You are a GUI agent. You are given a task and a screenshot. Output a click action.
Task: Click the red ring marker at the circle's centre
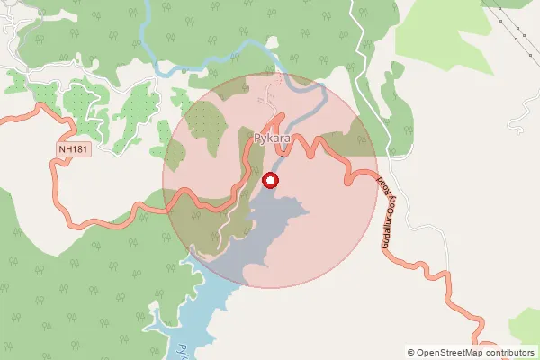coord(270,182)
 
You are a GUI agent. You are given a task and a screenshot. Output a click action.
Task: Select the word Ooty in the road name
coord(383,198)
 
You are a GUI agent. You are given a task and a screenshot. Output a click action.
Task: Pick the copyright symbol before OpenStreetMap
coord(411,353)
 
